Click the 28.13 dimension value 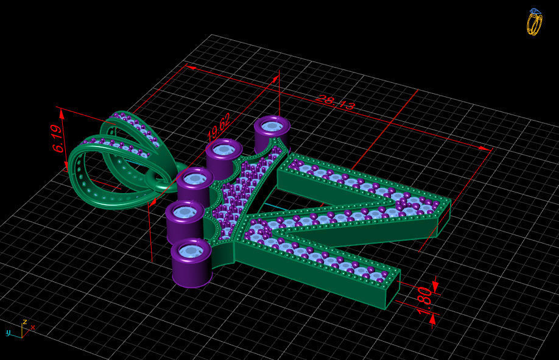[335, 102]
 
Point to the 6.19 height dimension [58, 139]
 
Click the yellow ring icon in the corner [534, 22]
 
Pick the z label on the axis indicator [24, 321]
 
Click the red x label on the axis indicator [32, 328]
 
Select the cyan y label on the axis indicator [9, 333]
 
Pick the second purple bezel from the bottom [185, 220]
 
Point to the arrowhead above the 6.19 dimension [61, 113]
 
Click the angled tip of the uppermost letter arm [443, 210]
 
